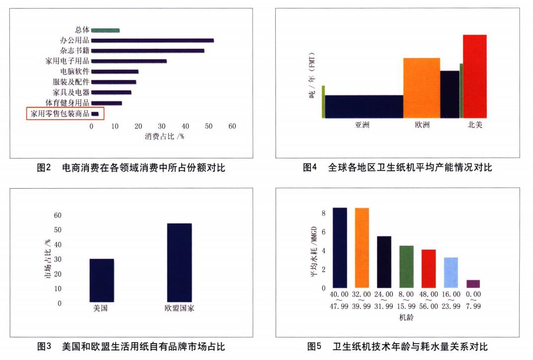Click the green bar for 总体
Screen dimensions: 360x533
coord(105,30)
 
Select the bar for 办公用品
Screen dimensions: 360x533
coord(152,40)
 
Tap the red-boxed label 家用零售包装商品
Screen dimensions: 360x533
coord(60,114)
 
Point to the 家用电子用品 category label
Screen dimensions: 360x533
coord(67,61)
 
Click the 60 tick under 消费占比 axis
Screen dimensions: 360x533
coord(232,126)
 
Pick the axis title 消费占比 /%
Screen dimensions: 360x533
coord(164,137)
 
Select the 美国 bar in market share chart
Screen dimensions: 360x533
coord(102,280)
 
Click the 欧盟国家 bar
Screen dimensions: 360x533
coord(179,262)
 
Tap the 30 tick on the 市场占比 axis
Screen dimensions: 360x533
coord(58,259)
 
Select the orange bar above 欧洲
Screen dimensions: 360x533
coord(421,88)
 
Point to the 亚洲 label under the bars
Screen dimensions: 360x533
coord(362,125)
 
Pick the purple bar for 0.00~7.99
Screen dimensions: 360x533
coord(473,284)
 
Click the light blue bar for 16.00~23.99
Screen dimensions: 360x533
coord(451,273)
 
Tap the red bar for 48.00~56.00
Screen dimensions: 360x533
coord(428,269)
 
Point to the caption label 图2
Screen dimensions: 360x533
coord(45,168)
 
